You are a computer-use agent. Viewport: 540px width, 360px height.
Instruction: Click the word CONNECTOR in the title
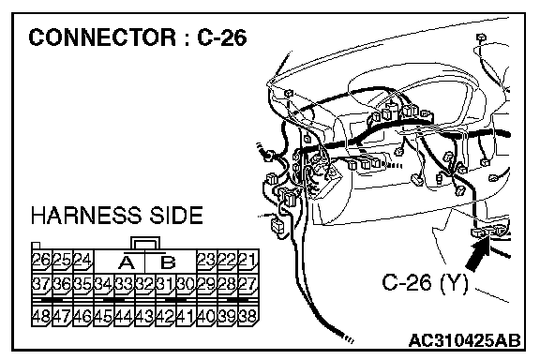[102, 37]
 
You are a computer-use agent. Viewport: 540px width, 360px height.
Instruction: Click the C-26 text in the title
[222, 37]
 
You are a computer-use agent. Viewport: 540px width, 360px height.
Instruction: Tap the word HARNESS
[86, 216]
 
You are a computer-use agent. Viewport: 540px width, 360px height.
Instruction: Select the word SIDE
[175, 216]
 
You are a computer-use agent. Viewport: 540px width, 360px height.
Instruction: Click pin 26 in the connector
[41, 260]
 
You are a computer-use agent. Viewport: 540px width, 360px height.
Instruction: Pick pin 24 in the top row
[82, 260]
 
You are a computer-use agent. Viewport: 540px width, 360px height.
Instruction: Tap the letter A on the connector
[127, 262]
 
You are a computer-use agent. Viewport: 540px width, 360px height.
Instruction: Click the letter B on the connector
[168, 262]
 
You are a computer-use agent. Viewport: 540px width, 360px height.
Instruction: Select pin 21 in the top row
[247, 260]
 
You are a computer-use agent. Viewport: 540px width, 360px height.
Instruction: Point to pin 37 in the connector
[41, 284]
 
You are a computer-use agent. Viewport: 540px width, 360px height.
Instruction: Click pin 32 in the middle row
[144, 284]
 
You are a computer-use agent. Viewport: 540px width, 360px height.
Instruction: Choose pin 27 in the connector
[247, 284]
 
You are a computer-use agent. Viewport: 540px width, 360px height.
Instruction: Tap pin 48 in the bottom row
[41, 316]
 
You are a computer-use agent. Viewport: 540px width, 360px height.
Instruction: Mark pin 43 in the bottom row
[144, 316]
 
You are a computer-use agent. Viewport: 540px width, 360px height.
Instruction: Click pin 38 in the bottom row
[247, 316]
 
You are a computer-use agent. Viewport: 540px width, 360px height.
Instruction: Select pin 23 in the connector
[206, 260]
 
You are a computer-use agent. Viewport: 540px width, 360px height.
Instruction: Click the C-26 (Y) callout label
[425, 283]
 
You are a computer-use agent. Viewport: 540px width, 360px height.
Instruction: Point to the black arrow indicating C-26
[478, 254]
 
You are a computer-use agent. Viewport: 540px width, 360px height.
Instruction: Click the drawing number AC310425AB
[464, 340]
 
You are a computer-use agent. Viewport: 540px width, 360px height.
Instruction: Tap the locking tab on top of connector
[145, 238]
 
